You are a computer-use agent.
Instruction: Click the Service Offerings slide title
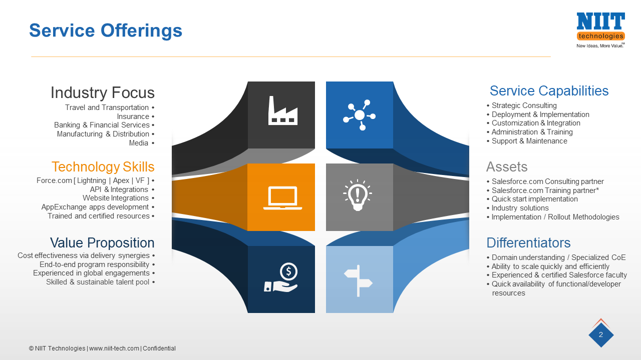pos(106,30)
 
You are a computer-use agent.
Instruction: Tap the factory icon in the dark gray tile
pos(282,110)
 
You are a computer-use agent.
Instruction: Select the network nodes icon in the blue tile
pos(359,115)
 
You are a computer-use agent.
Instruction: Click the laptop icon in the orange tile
pos(282,198)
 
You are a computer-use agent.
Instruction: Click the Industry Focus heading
pos(102,92)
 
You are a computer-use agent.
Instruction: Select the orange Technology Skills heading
pos(103,166)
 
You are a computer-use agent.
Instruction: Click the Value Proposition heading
pos(102,243)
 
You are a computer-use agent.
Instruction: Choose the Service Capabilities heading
pos(549,90)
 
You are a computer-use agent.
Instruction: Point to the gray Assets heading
pos(507,166)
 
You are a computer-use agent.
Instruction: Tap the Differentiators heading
pos(528,243)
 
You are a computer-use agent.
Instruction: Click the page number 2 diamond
pos(601,335)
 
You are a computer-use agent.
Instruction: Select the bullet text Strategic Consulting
pos(524,105)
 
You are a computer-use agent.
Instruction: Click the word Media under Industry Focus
pos(139,143)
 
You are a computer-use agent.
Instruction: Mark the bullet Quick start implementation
pos(534,199)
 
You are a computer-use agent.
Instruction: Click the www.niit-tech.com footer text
pos(114,348)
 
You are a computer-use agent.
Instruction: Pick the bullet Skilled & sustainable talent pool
pos(98,282)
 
